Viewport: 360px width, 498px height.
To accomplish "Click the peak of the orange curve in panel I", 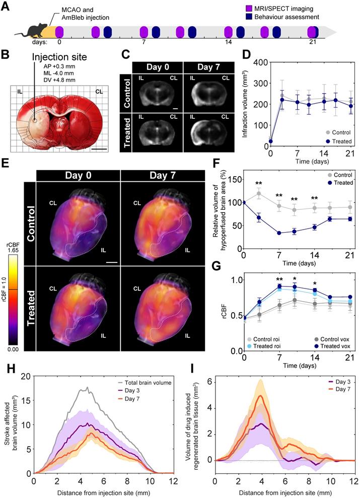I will pos(260,395).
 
